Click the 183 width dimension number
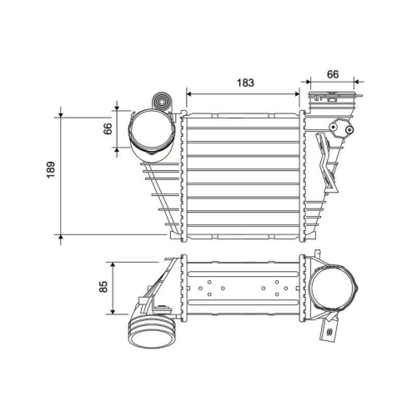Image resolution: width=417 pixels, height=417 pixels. pos(243,83)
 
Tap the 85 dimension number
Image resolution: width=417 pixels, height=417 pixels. pos(103,287)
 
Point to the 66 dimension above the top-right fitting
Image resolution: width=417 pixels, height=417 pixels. pos(332,74)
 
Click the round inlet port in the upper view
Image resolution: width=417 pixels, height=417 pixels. pos(150,133)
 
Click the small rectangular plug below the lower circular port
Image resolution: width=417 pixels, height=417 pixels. pos(331,335)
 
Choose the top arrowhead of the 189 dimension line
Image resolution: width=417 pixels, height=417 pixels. pos(60,113)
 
